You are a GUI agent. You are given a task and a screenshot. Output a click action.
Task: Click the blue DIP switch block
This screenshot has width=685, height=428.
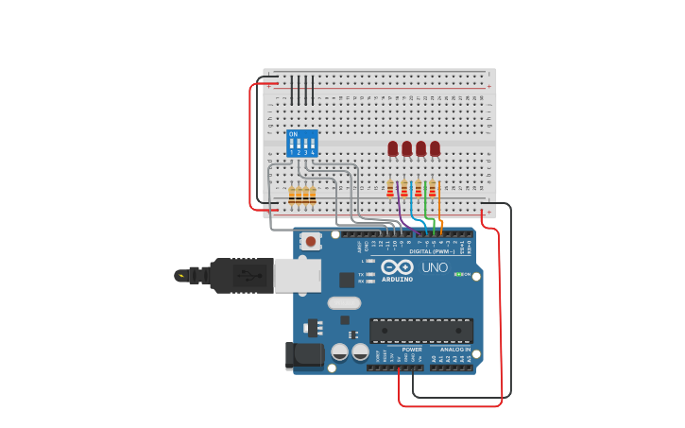tap(302, 144)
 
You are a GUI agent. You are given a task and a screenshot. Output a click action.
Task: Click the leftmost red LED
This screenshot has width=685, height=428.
tap(393, 148)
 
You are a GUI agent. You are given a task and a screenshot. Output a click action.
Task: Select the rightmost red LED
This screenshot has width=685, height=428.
tap(435, 148)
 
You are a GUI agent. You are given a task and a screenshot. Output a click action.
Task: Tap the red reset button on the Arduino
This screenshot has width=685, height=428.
tap(311, 241)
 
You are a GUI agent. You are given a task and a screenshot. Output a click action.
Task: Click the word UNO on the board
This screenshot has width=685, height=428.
tap(435, 267)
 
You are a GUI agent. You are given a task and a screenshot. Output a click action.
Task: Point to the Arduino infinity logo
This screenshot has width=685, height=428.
tap(398, 266)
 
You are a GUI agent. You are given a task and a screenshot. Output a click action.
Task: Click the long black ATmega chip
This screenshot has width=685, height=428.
tap(421, 331)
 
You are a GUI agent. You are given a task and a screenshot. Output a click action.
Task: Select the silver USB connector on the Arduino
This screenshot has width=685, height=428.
tap(296, 275)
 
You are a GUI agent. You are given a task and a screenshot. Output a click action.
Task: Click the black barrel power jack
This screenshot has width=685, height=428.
tap(304, 355)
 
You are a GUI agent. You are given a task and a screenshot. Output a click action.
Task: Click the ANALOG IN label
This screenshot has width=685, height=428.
tap(455, 350)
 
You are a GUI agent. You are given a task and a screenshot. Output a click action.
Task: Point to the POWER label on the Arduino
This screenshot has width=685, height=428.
tap(412, 350)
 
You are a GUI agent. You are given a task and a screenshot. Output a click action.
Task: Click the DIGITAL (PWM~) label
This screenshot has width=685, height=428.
tap(432, 251)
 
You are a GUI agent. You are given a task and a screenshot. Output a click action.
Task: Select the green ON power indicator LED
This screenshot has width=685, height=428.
tap(458, 274)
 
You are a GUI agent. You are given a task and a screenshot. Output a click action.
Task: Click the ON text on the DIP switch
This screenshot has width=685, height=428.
tap(293, 134)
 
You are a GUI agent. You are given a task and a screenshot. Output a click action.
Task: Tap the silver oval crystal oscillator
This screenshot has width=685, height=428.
tap(344, 303)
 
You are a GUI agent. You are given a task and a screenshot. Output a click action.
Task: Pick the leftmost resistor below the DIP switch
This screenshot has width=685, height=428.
tap(292, 196)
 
